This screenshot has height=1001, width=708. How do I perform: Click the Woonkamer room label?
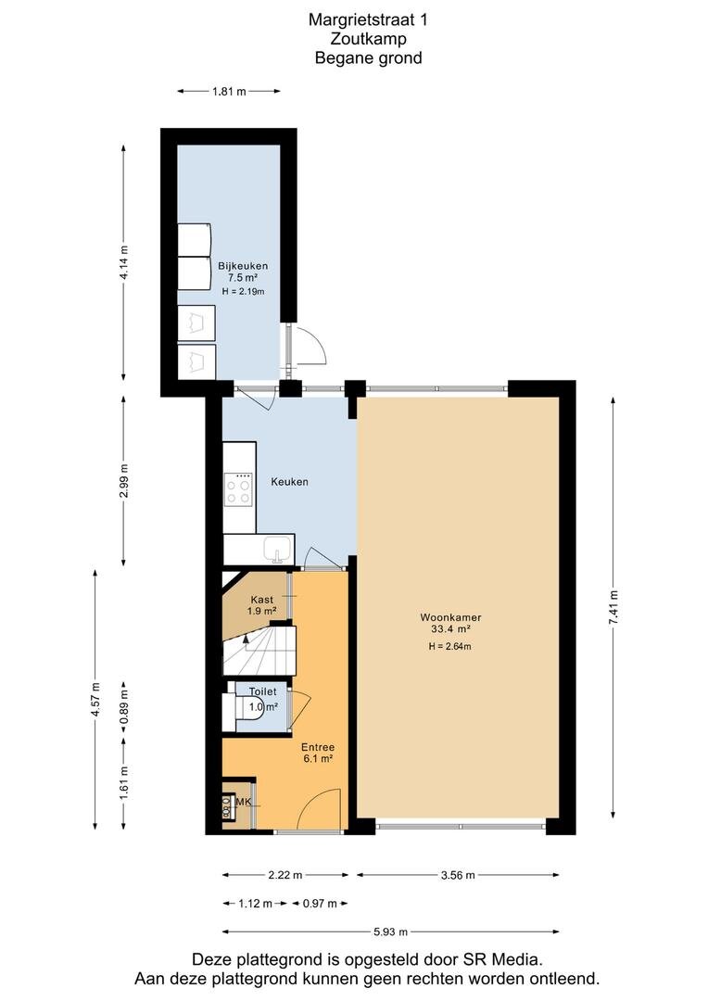[x=450, y=617]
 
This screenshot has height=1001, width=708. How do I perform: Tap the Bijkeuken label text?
[x=243, y=266]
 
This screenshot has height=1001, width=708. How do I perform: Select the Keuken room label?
[x=289, y=482]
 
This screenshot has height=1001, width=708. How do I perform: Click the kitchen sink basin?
[x=278, y=549]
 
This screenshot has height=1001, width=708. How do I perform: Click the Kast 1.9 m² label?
[x=261, y=605]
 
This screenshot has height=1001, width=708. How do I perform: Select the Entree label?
[x=318, y=747]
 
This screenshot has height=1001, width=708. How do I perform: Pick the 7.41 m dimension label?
[x=613, y=608]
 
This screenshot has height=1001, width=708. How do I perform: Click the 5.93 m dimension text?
[x=391, y=931]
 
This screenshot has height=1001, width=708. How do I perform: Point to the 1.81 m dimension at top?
[x=229, y=91]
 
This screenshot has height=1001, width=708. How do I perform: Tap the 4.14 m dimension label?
[x=124, y=262]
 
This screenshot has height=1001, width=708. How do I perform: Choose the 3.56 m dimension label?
[x=458, y=875]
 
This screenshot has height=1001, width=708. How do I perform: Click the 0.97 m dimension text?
[x=320, y=904]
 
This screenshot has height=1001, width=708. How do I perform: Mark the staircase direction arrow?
[x=247, y=639]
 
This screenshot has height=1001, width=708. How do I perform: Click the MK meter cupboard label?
[x=244, y=802]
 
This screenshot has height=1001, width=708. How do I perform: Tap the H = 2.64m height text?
[x=450, y=646]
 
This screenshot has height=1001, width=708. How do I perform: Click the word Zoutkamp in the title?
[x=369, y=39]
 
